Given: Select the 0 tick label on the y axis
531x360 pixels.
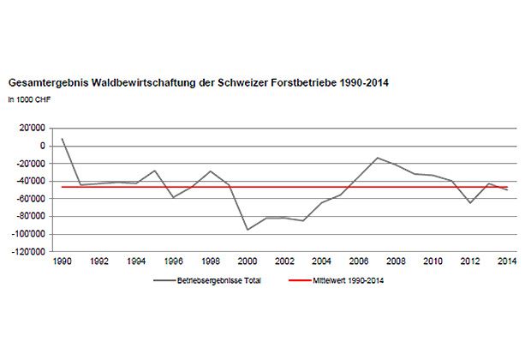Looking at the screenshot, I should (40, 146).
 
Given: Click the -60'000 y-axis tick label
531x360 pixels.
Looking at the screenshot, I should (30, 199).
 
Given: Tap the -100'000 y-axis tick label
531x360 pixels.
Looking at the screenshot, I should (27, 234).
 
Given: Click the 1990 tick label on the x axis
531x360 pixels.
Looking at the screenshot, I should (63, 260).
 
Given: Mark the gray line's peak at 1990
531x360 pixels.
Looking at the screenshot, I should (63, 138).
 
